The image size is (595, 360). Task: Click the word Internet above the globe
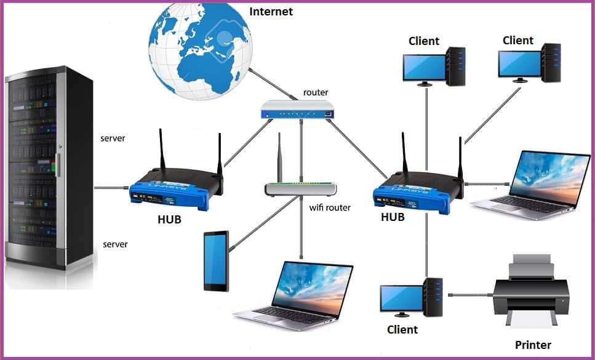coord(271,12)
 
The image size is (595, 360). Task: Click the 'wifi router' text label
coord(329,207)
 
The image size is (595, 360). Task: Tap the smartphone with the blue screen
coord(216,261)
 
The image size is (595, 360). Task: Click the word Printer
coord(533,345)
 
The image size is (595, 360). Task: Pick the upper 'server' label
coord(113,138)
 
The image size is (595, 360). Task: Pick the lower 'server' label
coord(115,244)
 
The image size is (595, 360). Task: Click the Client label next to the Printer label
coord(402,330)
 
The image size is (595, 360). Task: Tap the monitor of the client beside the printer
coord(400,298)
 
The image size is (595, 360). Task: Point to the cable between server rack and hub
coord(111,187)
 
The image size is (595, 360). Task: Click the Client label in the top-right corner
coord(517,41)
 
